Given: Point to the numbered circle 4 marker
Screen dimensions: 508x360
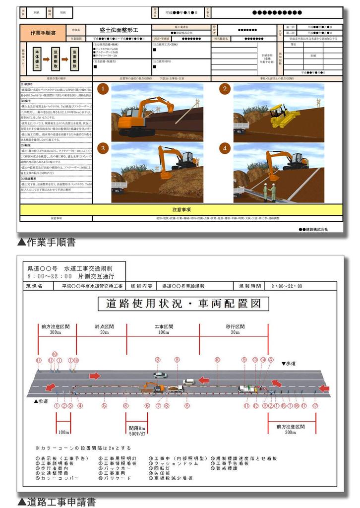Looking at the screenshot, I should click(225, 148).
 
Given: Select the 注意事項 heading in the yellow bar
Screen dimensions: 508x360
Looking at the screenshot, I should click(181, 209).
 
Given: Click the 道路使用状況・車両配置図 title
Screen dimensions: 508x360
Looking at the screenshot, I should click(183, 303).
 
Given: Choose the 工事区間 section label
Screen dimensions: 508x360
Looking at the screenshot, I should click(163, 327).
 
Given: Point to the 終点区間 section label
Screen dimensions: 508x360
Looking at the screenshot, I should click(104, 327).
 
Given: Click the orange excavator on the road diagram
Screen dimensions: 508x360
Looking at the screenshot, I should click(153, 386).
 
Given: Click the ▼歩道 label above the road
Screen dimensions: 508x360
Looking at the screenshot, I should click(290, 364).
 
